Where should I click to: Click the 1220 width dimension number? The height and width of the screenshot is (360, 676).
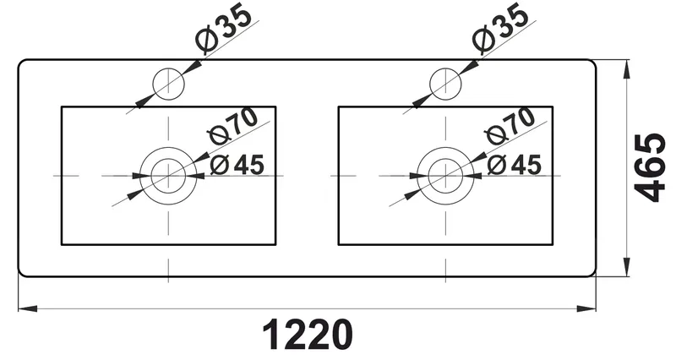[x=308, y=335]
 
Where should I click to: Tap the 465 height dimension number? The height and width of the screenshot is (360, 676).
[x=650, y=167]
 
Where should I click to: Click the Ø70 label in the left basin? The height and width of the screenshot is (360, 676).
[x=233, y=126]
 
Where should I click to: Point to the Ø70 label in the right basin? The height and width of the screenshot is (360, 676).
[x=510, y=126]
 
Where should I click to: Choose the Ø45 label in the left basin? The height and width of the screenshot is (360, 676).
[x=237, y=165]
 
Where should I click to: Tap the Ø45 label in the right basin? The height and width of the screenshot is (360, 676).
[x=515, y=165]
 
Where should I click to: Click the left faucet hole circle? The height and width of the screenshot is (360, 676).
[x=168, y=68]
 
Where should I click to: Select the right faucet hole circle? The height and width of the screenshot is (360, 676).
[x=446, y=68]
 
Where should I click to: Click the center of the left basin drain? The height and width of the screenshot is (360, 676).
[x=168, y=176]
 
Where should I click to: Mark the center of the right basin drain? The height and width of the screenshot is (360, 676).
[x=446, y=176]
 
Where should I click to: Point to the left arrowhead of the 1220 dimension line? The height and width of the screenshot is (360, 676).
[x=28, y=308]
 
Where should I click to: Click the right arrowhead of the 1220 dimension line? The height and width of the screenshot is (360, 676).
[x=586, y=308]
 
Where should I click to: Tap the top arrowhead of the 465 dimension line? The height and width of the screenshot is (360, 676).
[x=626, y=69]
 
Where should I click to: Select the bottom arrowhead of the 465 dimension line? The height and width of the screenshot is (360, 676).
[x=626, y=267]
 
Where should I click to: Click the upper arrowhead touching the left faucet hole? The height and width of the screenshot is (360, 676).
[x=193, y=68]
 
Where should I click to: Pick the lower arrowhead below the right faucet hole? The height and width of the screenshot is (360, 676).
[x=422, y=101]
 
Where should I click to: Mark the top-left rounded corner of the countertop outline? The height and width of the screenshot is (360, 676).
[x=20, y=63]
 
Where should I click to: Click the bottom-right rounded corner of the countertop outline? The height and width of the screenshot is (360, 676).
[x=593, y=274]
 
